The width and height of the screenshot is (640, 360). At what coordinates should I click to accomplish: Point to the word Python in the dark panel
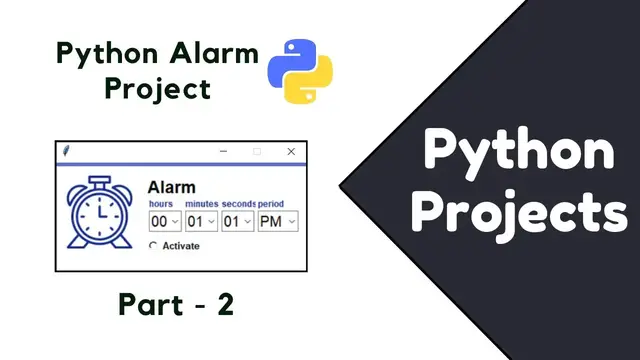pos(519,152)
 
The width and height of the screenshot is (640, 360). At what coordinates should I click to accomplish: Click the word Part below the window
pos(146,305)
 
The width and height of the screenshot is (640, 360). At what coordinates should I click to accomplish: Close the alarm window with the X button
pos(291,151)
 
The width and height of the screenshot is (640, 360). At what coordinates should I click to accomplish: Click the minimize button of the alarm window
pos(224,151)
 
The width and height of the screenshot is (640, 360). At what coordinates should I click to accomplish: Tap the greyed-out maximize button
pos(257,151)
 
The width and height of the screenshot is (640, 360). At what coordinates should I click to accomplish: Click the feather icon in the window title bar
pos(67,151)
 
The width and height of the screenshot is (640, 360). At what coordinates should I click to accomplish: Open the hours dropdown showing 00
pos(164,221)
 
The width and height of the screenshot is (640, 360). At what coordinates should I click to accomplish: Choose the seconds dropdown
pos(237,221)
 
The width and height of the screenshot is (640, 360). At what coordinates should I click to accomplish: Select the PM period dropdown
pos(278,221)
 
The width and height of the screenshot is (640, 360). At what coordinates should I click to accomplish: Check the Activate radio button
pos(153,246)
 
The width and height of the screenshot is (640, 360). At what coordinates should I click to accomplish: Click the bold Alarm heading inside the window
pos(171,187)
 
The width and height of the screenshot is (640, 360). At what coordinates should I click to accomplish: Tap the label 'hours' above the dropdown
pos(160,204)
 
